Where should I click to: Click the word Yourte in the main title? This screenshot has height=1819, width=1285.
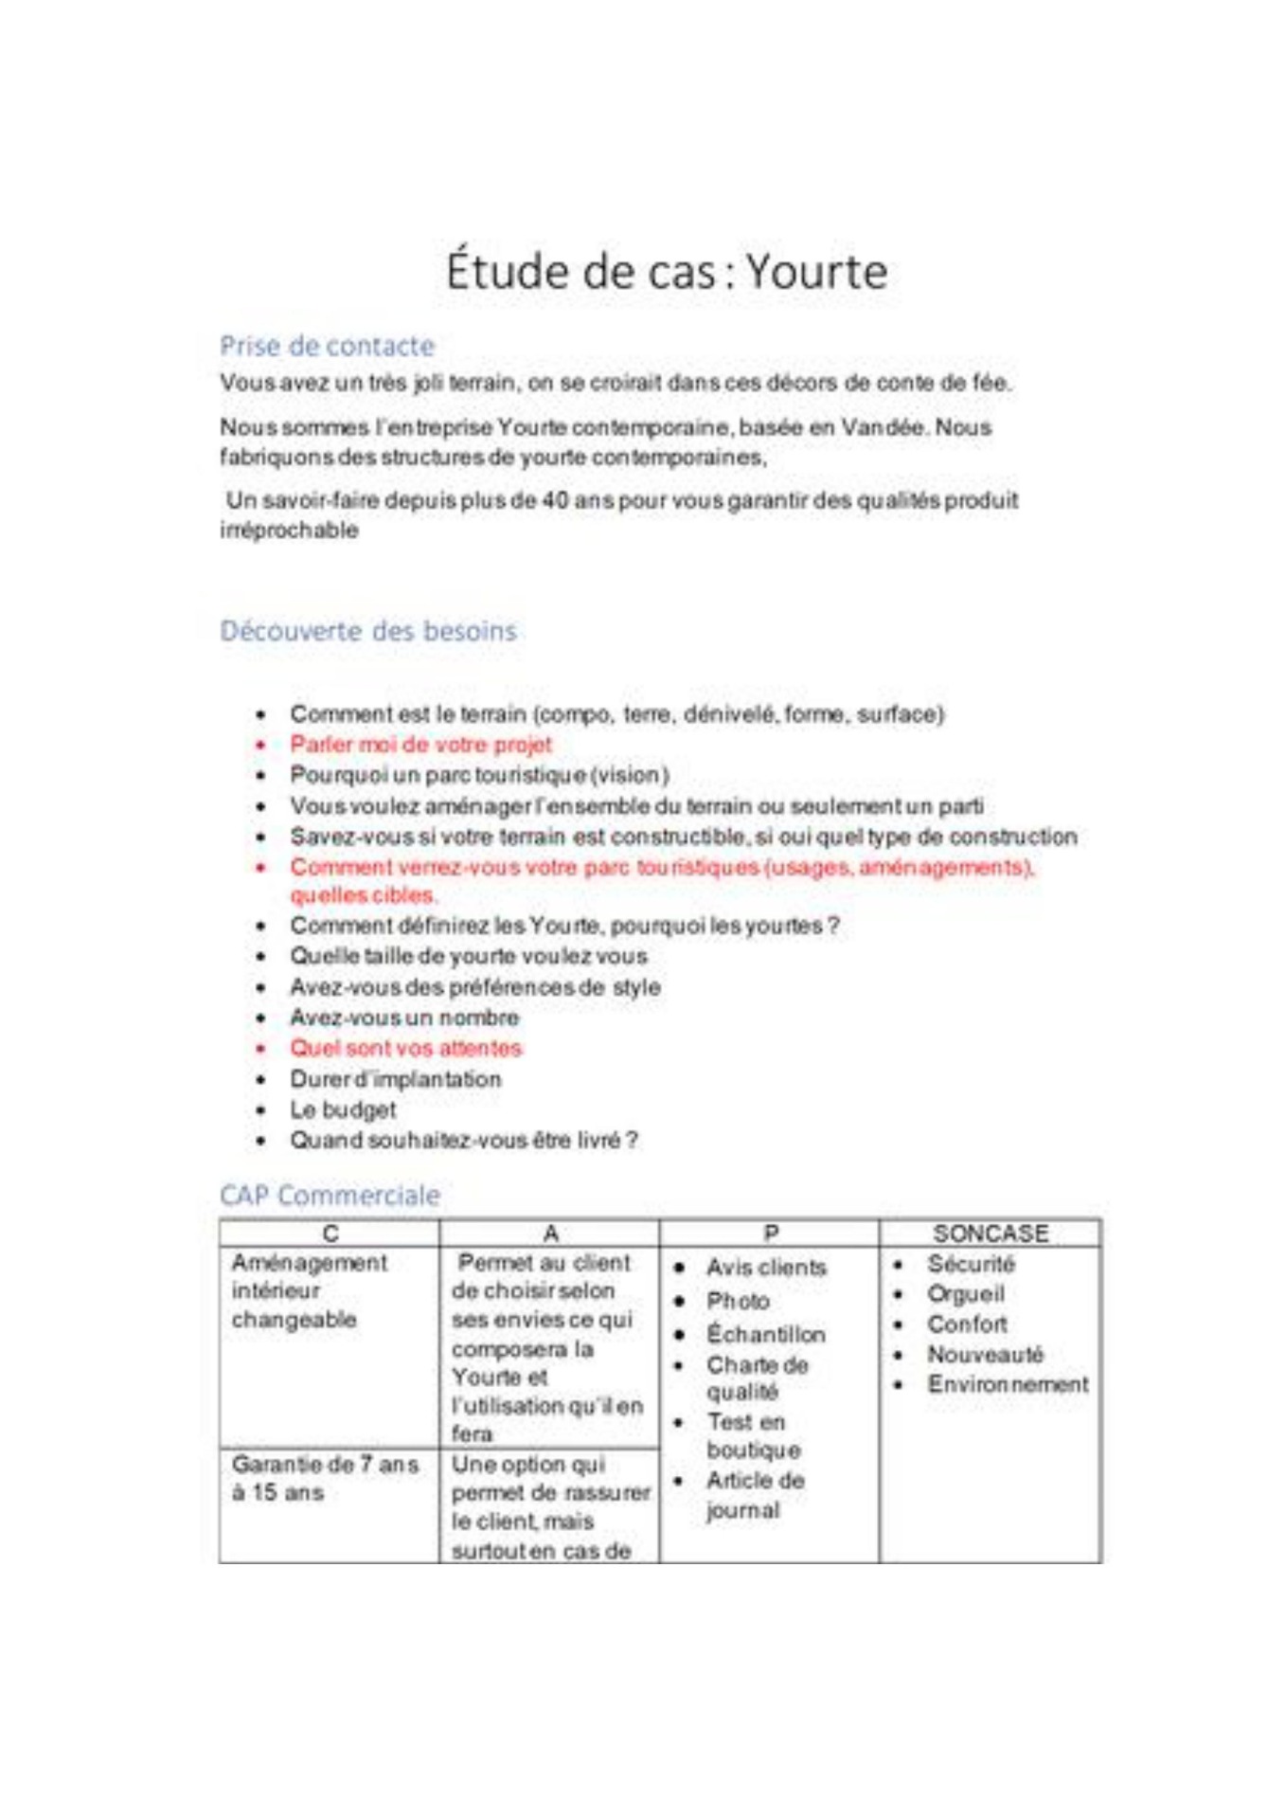tap(816, 272)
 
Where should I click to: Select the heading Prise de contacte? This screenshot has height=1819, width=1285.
tap(327, 346)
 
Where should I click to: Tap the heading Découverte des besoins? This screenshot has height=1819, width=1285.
tap(368, 631)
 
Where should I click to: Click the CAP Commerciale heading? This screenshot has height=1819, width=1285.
tap(330, 1196)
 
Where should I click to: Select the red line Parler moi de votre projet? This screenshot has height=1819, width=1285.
tap(420, 745)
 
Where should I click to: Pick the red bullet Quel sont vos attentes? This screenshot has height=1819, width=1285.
tap(405, 1049)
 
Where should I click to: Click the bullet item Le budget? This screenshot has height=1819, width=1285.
tap(343, 1109)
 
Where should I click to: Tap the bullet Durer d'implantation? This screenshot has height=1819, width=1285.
tap(395, 1079)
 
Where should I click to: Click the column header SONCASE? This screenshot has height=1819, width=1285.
tap(991, 1234)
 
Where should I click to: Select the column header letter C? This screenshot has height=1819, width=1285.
tap(330, 1234)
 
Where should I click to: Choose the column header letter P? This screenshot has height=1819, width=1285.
tap(771, 1234)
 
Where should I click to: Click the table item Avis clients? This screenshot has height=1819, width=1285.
tap(766, 1268)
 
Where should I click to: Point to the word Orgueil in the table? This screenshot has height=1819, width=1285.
tap(966, 1294)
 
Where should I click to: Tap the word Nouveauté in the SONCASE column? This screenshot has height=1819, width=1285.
tap(985, 1355)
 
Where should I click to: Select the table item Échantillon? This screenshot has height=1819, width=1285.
tap(766, 1335)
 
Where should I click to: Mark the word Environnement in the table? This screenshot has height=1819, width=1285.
tap(1008, 1385)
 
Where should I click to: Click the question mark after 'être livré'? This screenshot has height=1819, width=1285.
tap(633, 1140)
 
